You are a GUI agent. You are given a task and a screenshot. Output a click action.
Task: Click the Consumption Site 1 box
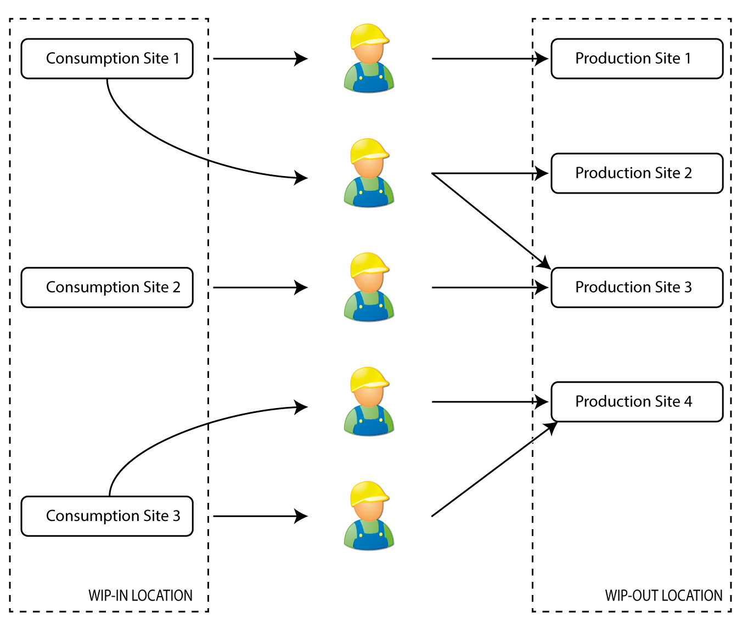pos(107,59)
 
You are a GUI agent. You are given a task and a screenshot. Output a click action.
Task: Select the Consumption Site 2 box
pos(107,287)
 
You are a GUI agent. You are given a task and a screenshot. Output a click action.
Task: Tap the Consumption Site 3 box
pos(107,516)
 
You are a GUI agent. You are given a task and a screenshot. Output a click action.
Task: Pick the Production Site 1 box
pos(637,59)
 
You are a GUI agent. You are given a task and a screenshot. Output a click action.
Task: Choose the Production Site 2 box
pos(637,173)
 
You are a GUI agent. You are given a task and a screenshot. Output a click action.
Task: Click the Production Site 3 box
pos(637,287)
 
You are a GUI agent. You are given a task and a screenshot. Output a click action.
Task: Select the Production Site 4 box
pos(637,402)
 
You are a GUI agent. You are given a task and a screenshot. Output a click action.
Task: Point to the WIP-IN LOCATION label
pos(140,596)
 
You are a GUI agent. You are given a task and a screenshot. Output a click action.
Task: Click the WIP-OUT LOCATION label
pos(663,596)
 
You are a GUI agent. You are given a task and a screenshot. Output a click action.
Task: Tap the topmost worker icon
pos(369,58)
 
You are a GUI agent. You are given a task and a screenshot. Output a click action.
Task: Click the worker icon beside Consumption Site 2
pos(369,287)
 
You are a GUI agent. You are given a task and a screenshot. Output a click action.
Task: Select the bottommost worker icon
pos(369,516)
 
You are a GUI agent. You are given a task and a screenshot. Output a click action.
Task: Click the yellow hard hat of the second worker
pos(369,149)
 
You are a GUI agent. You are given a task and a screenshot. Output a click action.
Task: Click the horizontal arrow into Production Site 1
pos(488,59)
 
